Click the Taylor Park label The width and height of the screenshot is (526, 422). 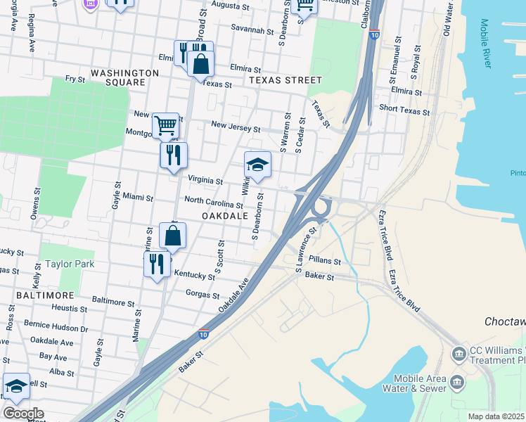point(68,264)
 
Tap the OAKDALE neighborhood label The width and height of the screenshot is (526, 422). point(225,216)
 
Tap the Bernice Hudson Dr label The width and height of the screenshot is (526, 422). point(56,327)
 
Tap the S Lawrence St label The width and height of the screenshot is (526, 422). point(307,248)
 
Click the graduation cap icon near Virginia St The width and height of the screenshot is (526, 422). point(257,166)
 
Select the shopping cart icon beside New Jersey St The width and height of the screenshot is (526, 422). point(165,125)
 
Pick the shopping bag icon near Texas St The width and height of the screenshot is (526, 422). point(200,64)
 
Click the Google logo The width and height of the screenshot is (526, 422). point(23,414)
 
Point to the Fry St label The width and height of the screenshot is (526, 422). point(75,79)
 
